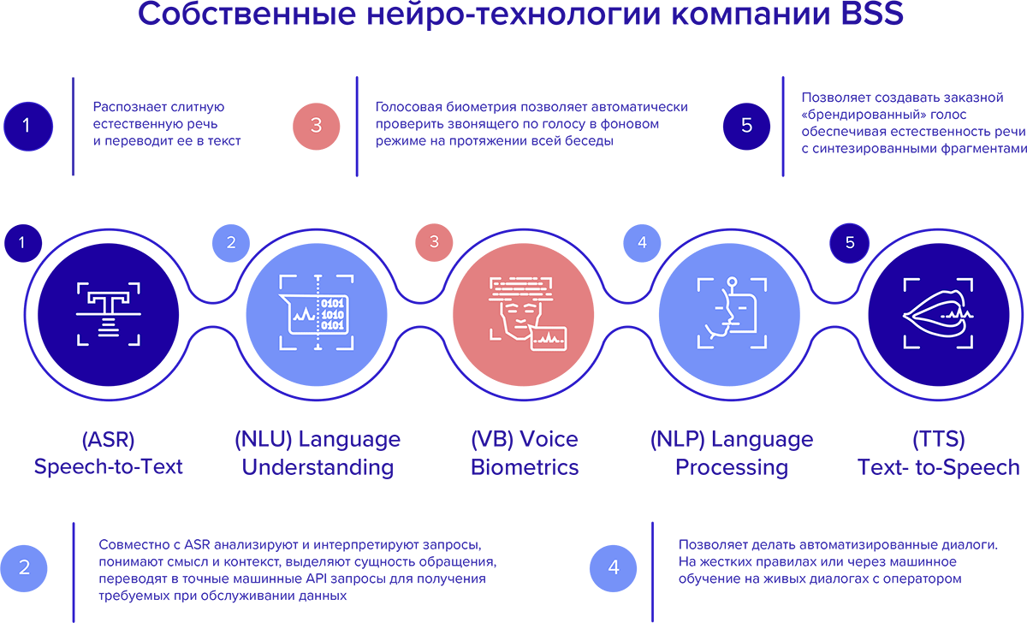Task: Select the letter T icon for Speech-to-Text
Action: (x=109, y=314)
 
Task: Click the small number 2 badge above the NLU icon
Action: (x=231, y=242)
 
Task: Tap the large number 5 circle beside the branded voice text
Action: (x=747, y=125)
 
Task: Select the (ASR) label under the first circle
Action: (x=108, y=440)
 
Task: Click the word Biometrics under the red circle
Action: (x=525, y=468)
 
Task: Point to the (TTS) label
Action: (x=939, y=440)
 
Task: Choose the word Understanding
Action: (x=318, y=468)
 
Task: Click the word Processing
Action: (x=732, y=468)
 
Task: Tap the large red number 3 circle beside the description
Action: (x=317, y=125)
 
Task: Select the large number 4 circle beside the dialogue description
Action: (x=614, y=567)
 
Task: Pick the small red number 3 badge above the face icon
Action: (x=435, y=242)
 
